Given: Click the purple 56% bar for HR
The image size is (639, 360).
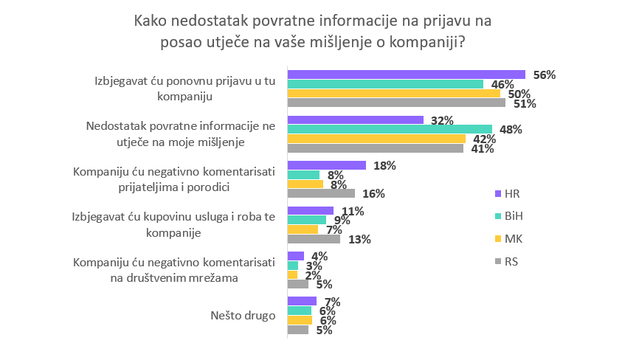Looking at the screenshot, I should click(x=406, y=75).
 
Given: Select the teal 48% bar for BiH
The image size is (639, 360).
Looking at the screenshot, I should click(x=389, y=129).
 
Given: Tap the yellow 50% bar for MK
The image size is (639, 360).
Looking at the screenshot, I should click(x=393, y=94).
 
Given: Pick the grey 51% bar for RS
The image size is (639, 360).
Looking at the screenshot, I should click(x=396, y=103).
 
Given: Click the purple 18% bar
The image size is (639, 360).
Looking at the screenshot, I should click(x=326, y=165).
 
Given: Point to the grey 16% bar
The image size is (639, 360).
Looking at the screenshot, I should click(x=321, y=194).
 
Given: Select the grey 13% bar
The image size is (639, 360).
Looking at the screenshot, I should click(x=313, y=239).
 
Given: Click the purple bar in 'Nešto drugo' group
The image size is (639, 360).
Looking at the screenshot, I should click(x=301, y=301).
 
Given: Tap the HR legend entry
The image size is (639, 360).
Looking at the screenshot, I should click(x=508, y=193).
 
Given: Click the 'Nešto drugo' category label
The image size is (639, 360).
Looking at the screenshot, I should click(x=243, y=315).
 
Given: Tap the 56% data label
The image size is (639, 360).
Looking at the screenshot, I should click(x=545, y=75).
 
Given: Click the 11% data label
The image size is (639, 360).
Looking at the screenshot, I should click(x=353, y=211).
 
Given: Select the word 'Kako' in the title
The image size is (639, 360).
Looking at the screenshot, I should click(x=150, y=21).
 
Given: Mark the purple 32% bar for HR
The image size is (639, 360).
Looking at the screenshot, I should click(x=355, y=120).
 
